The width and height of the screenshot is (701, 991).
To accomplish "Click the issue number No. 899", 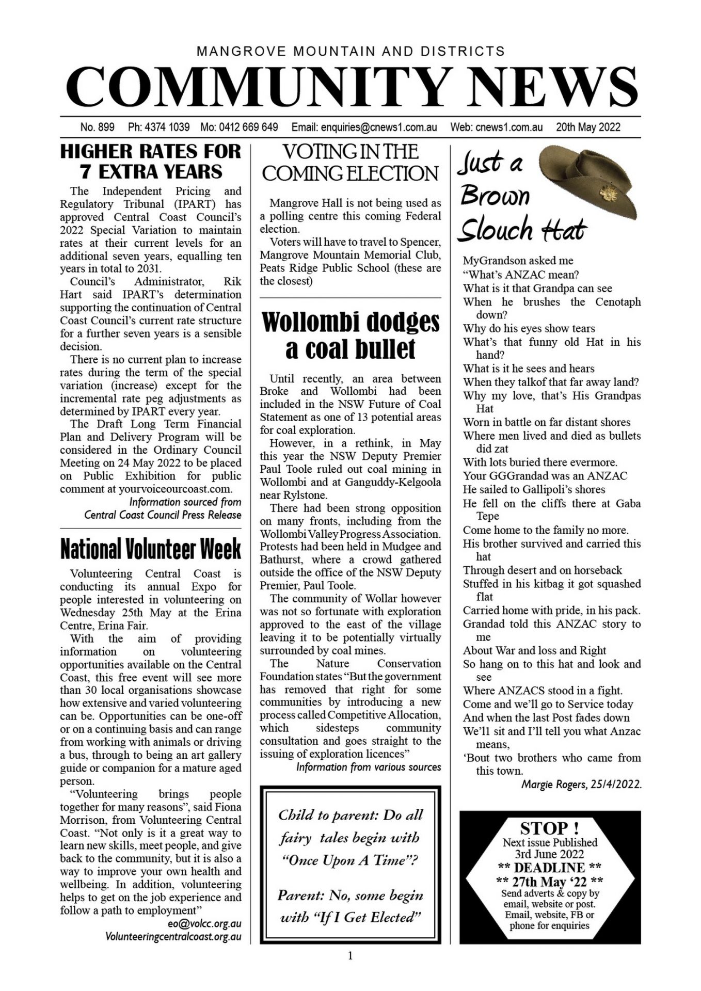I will [97, 127].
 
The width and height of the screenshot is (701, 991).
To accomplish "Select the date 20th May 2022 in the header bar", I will [588, 127].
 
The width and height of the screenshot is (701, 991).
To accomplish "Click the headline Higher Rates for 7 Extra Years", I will [151, 161].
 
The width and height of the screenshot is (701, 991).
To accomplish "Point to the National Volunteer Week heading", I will [151, 549].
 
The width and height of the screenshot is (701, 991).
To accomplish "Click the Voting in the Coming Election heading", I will [350, 163].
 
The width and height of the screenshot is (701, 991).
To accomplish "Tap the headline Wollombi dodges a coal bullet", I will [351, 335].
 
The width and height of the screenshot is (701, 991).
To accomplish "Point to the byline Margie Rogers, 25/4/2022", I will [581, 785].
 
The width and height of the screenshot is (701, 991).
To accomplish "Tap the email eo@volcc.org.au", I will [204, 923].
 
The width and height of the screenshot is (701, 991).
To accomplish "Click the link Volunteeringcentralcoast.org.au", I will [173, 936].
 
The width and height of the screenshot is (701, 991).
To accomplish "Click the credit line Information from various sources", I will [369, 767].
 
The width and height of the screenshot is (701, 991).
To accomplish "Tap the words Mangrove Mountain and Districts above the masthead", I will [351, 51].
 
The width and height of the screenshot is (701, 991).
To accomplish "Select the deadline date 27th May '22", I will [549, 881].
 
